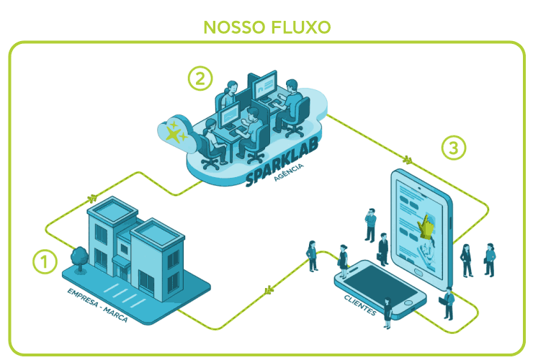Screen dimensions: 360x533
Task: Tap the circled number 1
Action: [x=44, y=261]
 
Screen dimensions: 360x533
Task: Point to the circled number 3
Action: [x=452, y=148]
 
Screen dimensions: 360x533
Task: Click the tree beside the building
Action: [x=78, y=258]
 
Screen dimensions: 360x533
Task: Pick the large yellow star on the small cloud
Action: [x=174, y=131]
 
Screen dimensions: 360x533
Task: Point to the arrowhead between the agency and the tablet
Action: [x=408, y=160]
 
